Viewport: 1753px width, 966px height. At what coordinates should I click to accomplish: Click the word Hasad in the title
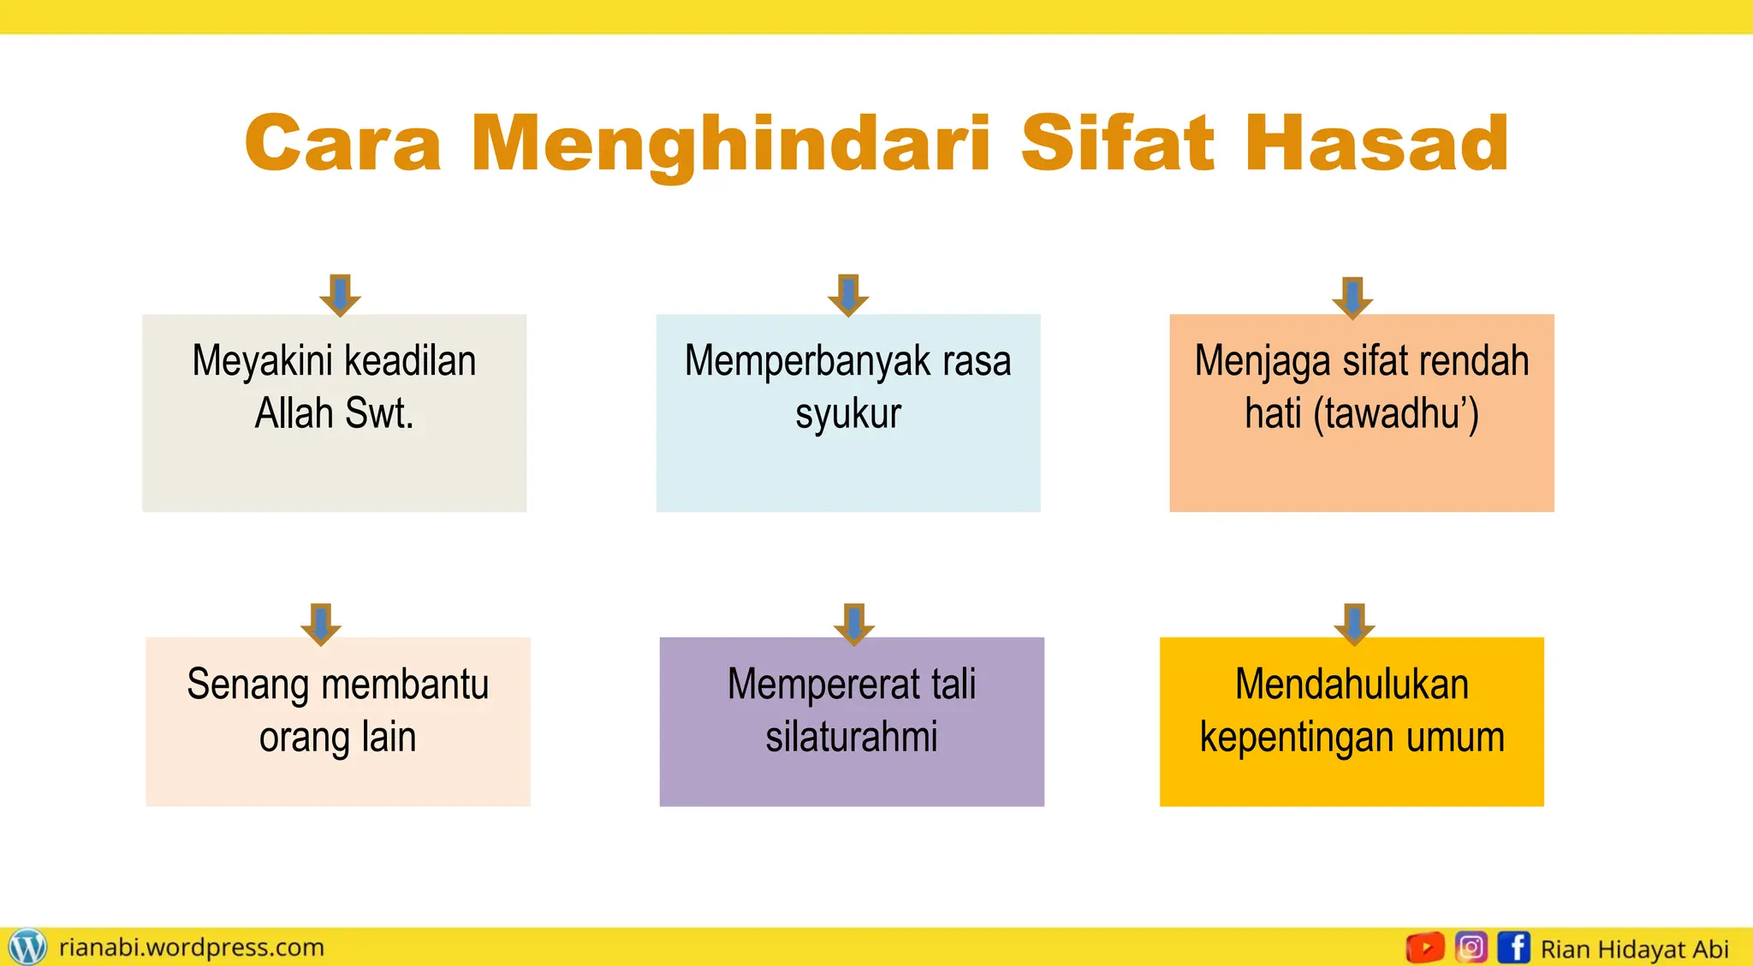click(1376, 143)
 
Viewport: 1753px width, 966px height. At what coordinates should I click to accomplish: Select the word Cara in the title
click(342, 143)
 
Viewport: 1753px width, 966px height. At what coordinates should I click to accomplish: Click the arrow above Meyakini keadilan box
click(340, 295)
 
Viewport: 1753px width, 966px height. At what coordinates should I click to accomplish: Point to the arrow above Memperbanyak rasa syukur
click(848, 295)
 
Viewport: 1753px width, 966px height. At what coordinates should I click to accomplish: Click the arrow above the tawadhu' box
click(1352, 298)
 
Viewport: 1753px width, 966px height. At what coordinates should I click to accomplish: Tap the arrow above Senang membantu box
click(321, 625)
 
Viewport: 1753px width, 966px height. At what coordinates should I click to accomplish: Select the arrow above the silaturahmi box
click(853, 624)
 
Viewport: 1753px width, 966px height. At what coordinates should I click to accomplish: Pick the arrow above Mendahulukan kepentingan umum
click(1354, 624)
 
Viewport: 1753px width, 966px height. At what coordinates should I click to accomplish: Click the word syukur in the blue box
click(848, 414)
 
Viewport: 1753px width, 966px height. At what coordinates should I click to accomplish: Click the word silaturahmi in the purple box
click(852, 737)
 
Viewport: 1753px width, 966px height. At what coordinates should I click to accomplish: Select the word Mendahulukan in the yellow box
click(1352, 684)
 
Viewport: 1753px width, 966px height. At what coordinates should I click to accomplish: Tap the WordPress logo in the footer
click(27, 947)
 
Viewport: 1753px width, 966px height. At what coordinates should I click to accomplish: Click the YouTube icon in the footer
click(1425, 947)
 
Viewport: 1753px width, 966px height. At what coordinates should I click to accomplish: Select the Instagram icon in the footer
click(1471, 947)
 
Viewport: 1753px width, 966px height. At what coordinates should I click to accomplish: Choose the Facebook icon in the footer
click(1514, 947)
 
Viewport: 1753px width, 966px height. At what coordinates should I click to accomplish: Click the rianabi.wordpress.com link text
click(192, 947)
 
